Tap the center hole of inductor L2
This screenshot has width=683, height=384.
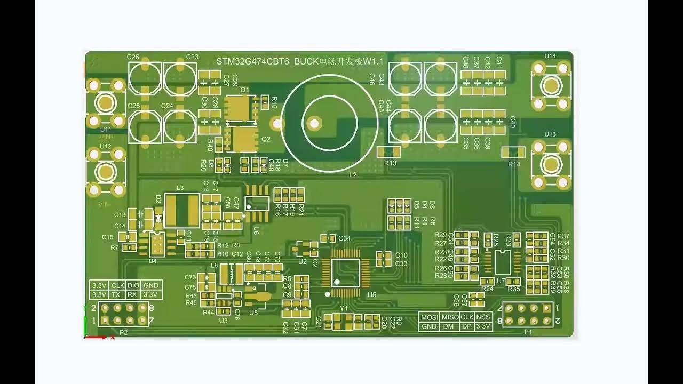pos(314,124)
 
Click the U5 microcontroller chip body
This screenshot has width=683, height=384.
pos(346,273)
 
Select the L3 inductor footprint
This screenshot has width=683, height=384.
pos(181,210)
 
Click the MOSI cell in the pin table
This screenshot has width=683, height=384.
pos(430,317)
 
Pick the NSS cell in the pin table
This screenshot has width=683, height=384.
pos(483,317)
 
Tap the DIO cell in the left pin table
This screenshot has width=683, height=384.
pos(133,285)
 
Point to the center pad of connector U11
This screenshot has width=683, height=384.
pos(106,103)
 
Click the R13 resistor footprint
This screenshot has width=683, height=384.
pos(388,152)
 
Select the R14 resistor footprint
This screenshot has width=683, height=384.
pos(513,153)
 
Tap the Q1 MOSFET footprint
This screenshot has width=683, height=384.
pos(241,109)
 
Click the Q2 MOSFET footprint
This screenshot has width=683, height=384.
pos(243,139)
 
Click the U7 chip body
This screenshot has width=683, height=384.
pos(501,261)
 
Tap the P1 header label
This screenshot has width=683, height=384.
pos(528,332)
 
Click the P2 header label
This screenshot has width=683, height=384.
pos(123,332)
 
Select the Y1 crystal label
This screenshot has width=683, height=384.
pos(344,308)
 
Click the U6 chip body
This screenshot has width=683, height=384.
pos(257,203)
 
